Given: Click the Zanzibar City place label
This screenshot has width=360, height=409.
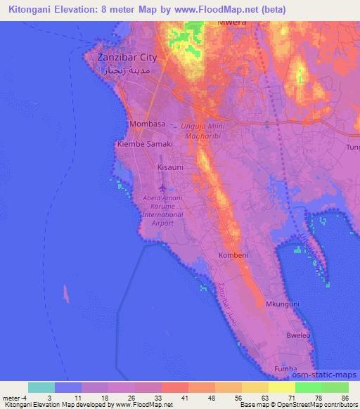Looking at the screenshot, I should (x=127, y=58).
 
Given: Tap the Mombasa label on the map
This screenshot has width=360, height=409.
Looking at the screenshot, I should (x=148, y=124).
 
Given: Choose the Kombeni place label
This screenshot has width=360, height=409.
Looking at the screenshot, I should (x=233, y=254).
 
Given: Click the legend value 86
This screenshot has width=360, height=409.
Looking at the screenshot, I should (x=345, y=397).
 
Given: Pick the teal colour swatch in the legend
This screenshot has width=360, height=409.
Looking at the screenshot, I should (x=41, y=387).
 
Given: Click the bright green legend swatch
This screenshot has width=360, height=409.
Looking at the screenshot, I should (x=308, y=387).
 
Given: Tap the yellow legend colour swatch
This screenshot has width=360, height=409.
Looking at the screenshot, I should (x=282, y=387).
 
